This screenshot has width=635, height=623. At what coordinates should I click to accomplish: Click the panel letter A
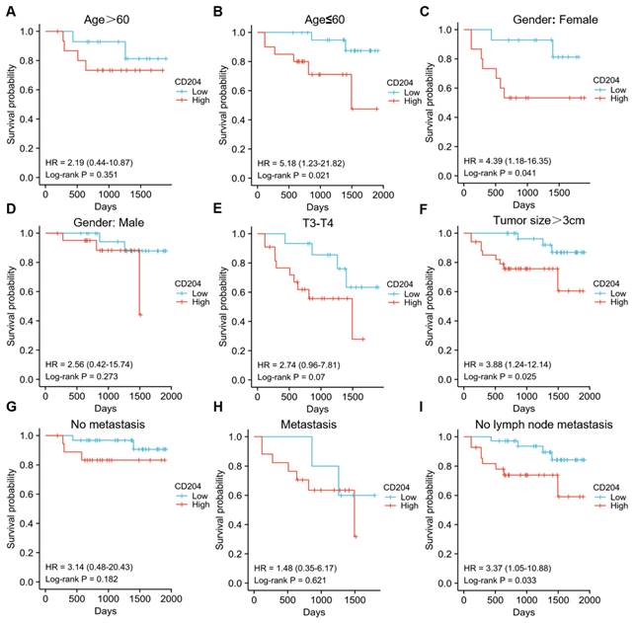[x=8, y=8]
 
